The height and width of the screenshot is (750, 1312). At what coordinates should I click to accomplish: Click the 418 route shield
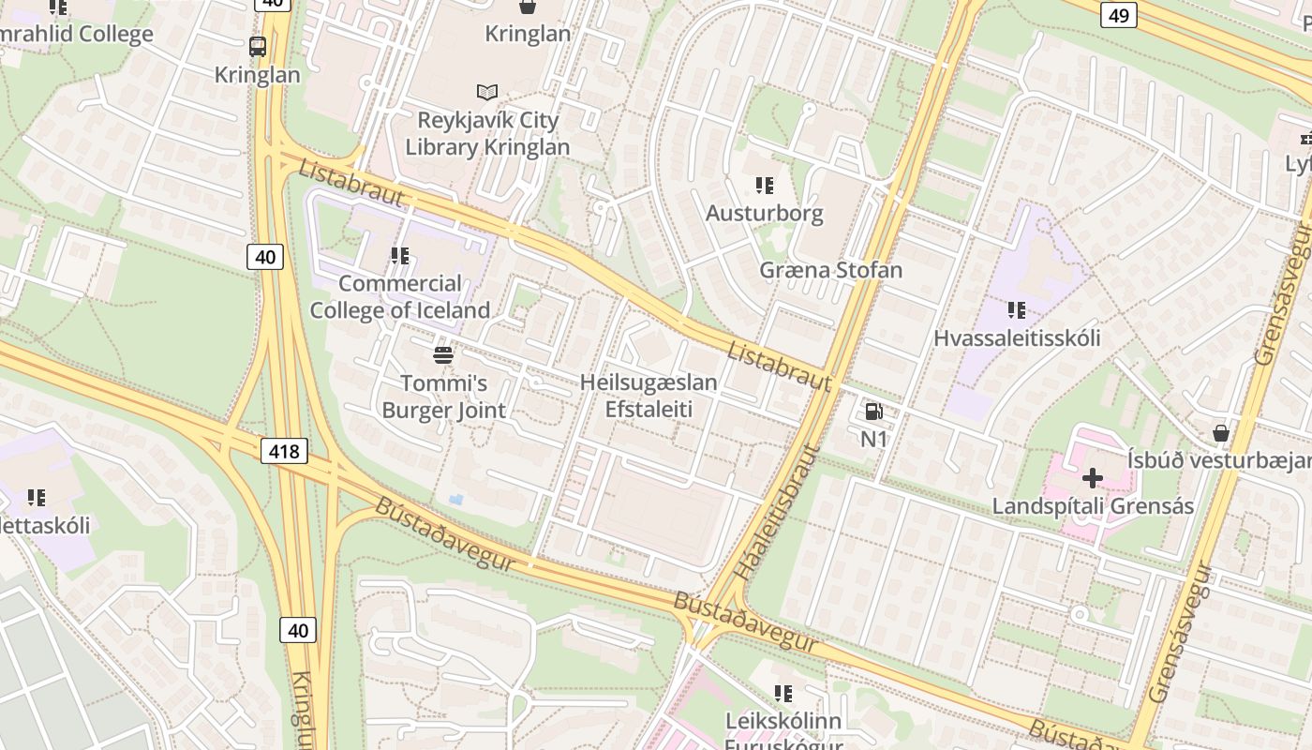point(283,452)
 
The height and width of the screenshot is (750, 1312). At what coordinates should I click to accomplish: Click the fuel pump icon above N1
point(873,412)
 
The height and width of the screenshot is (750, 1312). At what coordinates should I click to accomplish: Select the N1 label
point(873,438)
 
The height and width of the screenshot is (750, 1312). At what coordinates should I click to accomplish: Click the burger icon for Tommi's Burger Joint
point(443,355)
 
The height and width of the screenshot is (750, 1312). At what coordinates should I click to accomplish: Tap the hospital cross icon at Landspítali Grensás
point(1092,479)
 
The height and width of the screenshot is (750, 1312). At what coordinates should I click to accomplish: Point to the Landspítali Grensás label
point(1093,506)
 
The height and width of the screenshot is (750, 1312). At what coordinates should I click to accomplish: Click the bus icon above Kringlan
point(257,46)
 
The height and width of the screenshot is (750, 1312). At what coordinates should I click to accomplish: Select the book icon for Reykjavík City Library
point(486,92)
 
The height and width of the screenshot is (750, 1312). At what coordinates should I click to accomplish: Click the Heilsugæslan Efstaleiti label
point(649,396)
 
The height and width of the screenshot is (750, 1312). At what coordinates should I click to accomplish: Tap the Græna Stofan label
point(830,270)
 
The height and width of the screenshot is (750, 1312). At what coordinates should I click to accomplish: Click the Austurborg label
point(764,213)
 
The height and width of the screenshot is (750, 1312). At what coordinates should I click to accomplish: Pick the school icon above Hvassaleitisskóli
point(1017,309)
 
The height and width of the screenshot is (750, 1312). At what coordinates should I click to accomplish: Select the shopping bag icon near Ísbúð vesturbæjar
point(1220,433)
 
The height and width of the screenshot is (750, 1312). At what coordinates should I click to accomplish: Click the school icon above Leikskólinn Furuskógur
point(783,694)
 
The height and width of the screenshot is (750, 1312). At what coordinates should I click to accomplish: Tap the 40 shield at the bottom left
point(298,630)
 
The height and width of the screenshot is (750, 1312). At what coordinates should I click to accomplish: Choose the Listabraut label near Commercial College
point(351,184)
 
